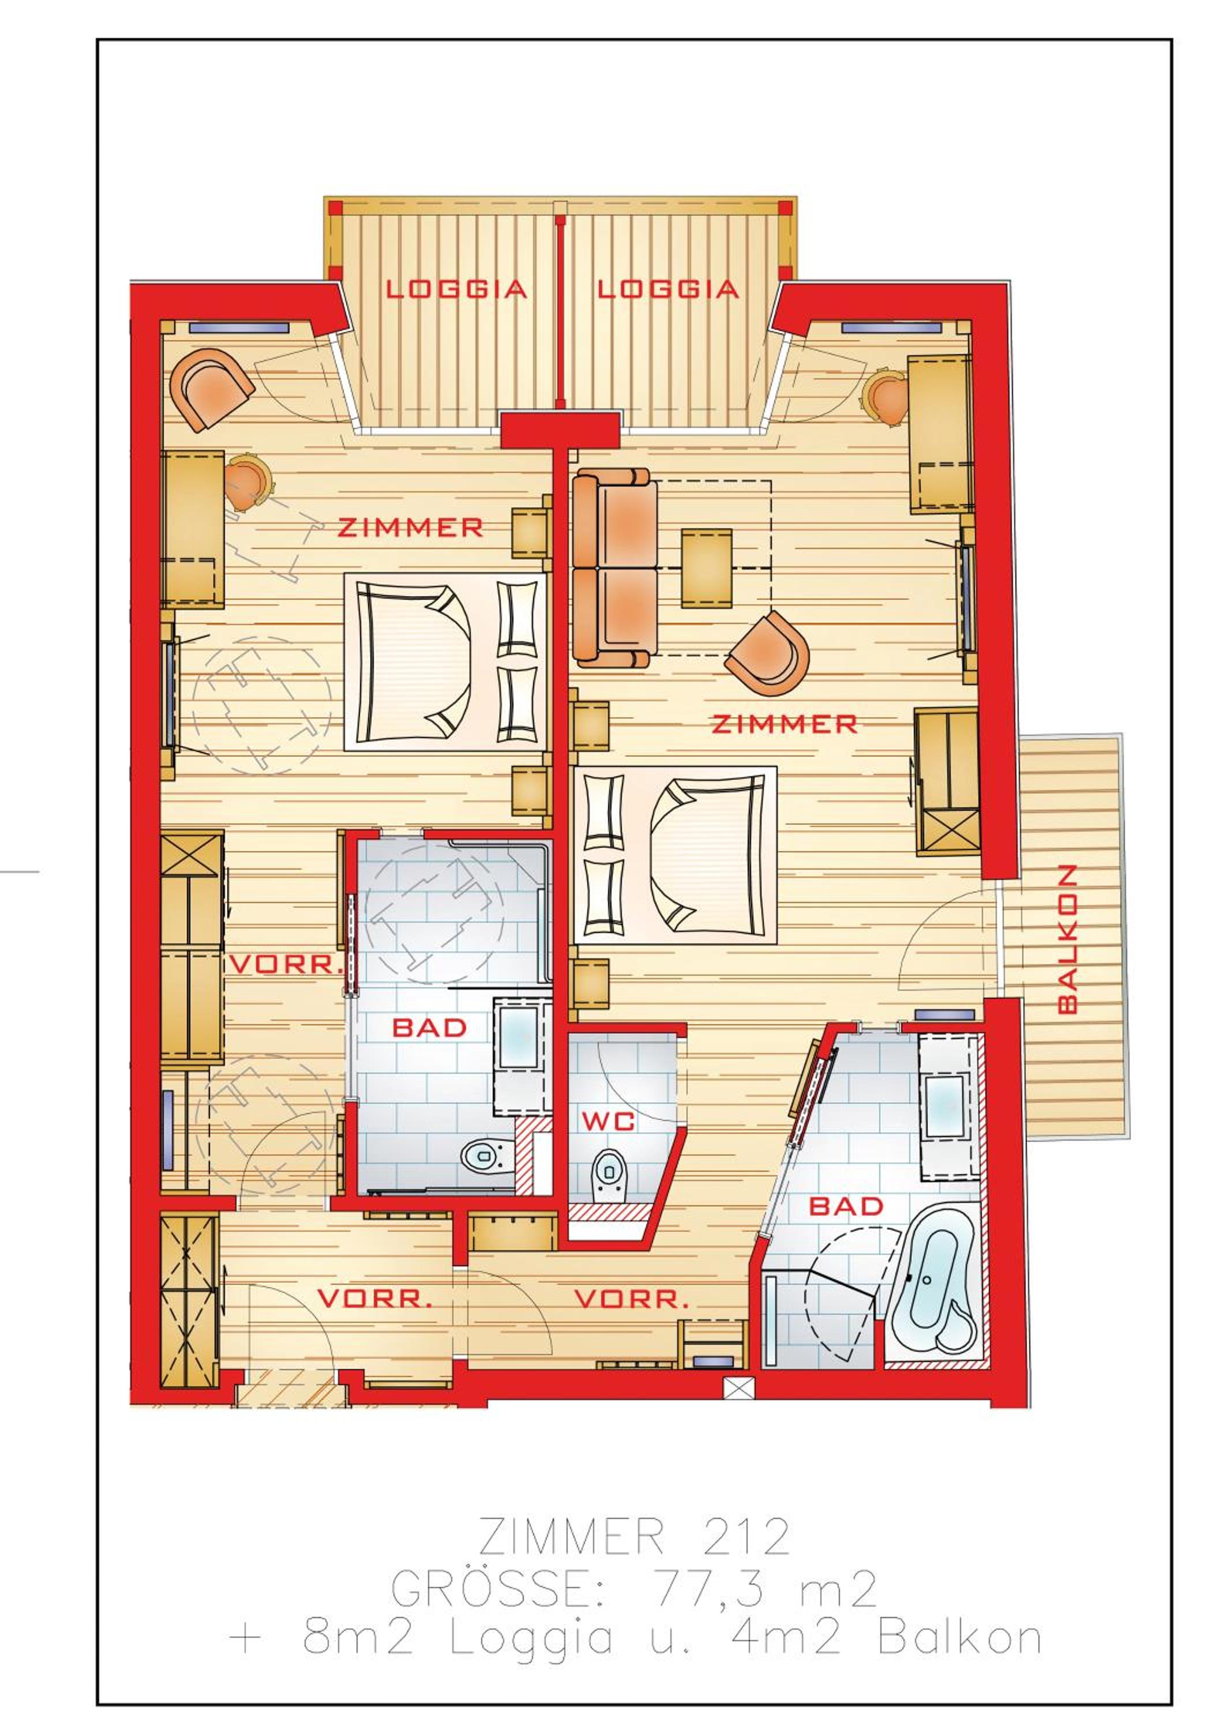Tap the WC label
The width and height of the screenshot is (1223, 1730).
tap(608, 1120)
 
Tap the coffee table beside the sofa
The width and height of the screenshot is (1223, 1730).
tap(706, 567)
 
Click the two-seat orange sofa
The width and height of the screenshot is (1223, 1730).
tap(614, 567)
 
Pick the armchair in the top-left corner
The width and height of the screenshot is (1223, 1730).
tap(212, 389)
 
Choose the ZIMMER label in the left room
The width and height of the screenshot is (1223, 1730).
tap(410, 528)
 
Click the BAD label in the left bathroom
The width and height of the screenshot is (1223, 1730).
tap(430, 1028)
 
